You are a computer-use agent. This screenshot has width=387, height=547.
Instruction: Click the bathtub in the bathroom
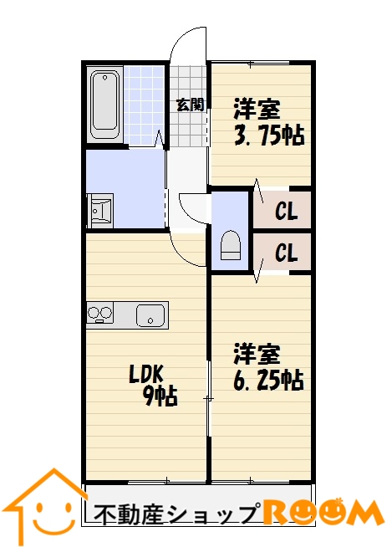click(x=104, y=105)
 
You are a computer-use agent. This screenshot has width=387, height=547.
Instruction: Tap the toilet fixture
click(x=230, y=245)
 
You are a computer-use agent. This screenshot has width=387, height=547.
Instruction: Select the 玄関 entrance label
click(x=191, y=105)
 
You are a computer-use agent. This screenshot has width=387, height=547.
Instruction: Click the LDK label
click(x=146, y=375)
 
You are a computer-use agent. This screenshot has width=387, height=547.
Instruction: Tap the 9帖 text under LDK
click(x=161, y=396)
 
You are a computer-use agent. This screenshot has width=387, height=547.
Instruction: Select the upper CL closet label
click(x=286, y=211)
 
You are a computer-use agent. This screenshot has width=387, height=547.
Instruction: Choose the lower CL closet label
click(x=286, y=253)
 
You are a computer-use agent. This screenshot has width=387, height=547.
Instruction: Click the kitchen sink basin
click(x=150, y=315)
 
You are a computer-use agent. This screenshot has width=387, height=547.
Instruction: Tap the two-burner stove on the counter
click(x=100, y=313)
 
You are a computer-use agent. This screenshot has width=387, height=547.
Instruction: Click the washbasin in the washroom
click(x=100, y=211)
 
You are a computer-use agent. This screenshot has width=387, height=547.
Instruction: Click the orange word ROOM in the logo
click(x=322, y=514)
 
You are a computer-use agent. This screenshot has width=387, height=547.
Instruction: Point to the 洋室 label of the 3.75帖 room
click(x=257, y=110)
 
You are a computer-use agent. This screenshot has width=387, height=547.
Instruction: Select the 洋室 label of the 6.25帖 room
click(x=257, y=354)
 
